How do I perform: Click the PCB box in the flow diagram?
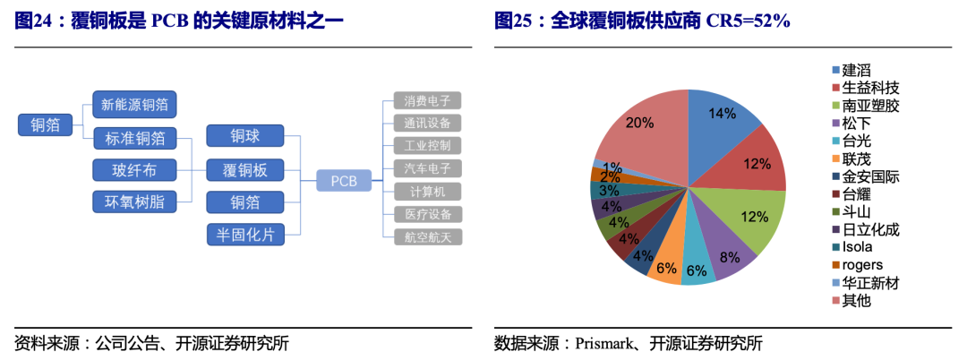click(344, 181)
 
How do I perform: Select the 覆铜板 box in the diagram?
click(244, 169)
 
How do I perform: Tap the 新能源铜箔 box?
click(134, 105)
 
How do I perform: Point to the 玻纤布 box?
click(133, 170)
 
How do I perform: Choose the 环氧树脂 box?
click(133, 201)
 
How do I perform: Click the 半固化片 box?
click(244, 235)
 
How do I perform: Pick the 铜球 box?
click(244, 136)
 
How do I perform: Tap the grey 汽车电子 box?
click(427, 168)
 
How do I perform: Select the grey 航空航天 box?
click(427, 236)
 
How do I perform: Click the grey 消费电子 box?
click(427, 100)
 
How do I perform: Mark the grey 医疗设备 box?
click(427, 214)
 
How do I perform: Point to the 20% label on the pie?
click(639, 122)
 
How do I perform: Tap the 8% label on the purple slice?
click(729, 257)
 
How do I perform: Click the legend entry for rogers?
click(857, 265)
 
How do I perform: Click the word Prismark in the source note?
click(601, 342)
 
